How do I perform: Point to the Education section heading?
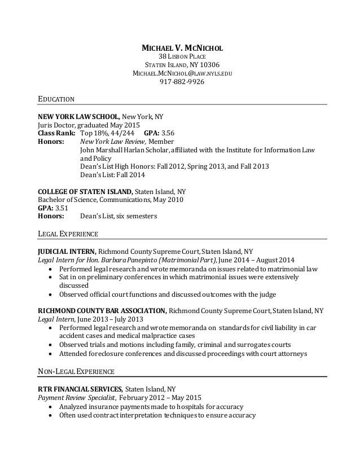pyautogui.click(x=56, y=100)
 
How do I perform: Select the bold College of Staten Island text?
pyautogui.click(x=85, y=190)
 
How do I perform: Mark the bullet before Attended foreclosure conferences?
pyautogui.click(x=52, y=354)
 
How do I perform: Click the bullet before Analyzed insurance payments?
pyautogui.click(x=52, y=406)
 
